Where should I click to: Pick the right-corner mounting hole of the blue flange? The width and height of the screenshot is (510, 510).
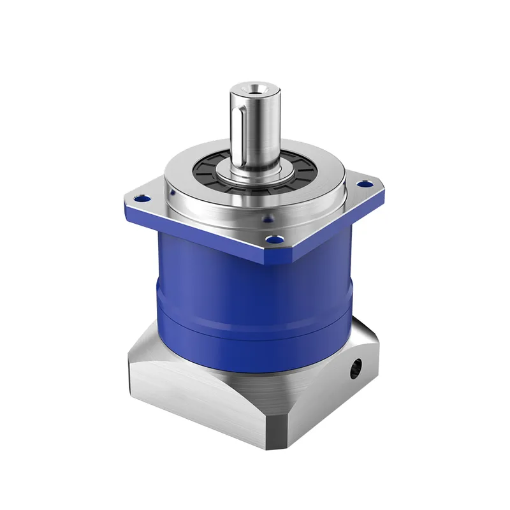pyautogui.click(x=365, y=184)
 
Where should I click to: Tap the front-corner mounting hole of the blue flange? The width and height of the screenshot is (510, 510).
pyautogui.click(x=275, y=241)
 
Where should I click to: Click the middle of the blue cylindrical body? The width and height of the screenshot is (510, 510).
pyautogui.click(x=255, y=280)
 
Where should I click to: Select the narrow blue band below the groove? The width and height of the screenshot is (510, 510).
pyautogui.click(x=255, y=331)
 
